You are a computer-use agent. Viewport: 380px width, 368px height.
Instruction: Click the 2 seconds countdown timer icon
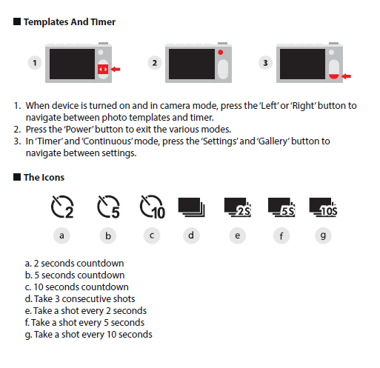point(61,207)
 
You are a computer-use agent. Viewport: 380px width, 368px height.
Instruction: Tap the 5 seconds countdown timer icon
point(108,207)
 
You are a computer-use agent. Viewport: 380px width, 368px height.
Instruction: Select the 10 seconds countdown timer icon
point(152,207)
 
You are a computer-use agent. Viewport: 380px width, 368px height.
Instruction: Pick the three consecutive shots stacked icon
point(191,207)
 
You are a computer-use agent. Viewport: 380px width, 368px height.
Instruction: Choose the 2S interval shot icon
point(238,207)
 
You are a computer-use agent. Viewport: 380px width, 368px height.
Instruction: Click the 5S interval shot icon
point(281,207)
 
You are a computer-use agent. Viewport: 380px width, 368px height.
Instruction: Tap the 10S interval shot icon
point(323,207)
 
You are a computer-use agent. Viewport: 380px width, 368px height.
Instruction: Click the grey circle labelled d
point(191,235)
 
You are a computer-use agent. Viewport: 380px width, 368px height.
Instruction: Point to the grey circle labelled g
point(323,235)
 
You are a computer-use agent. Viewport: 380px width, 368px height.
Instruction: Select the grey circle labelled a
point(61,235)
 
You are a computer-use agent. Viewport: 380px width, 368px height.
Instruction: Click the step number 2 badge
point(155,63)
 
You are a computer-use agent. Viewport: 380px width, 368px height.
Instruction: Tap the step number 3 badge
point(265,63)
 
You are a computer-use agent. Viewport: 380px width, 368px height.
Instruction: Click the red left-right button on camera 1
point(103,70)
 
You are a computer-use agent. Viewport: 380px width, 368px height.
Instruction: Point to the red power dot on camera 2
point(221,52)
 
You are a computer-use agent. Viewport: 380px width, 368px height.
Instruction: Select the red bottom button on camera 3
point(334,76)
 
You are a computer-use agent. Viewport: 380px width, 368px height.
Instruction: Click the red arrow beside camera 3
point(346,76)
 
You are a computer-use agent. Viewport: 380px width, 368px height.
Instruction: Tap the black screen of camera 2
point(192,64)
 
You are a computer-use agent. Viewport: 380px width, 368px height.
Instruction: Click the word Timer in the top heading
point(103,22)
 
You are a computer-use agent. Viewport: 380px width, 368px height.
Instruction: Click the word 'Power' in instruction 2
point(79,130)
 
